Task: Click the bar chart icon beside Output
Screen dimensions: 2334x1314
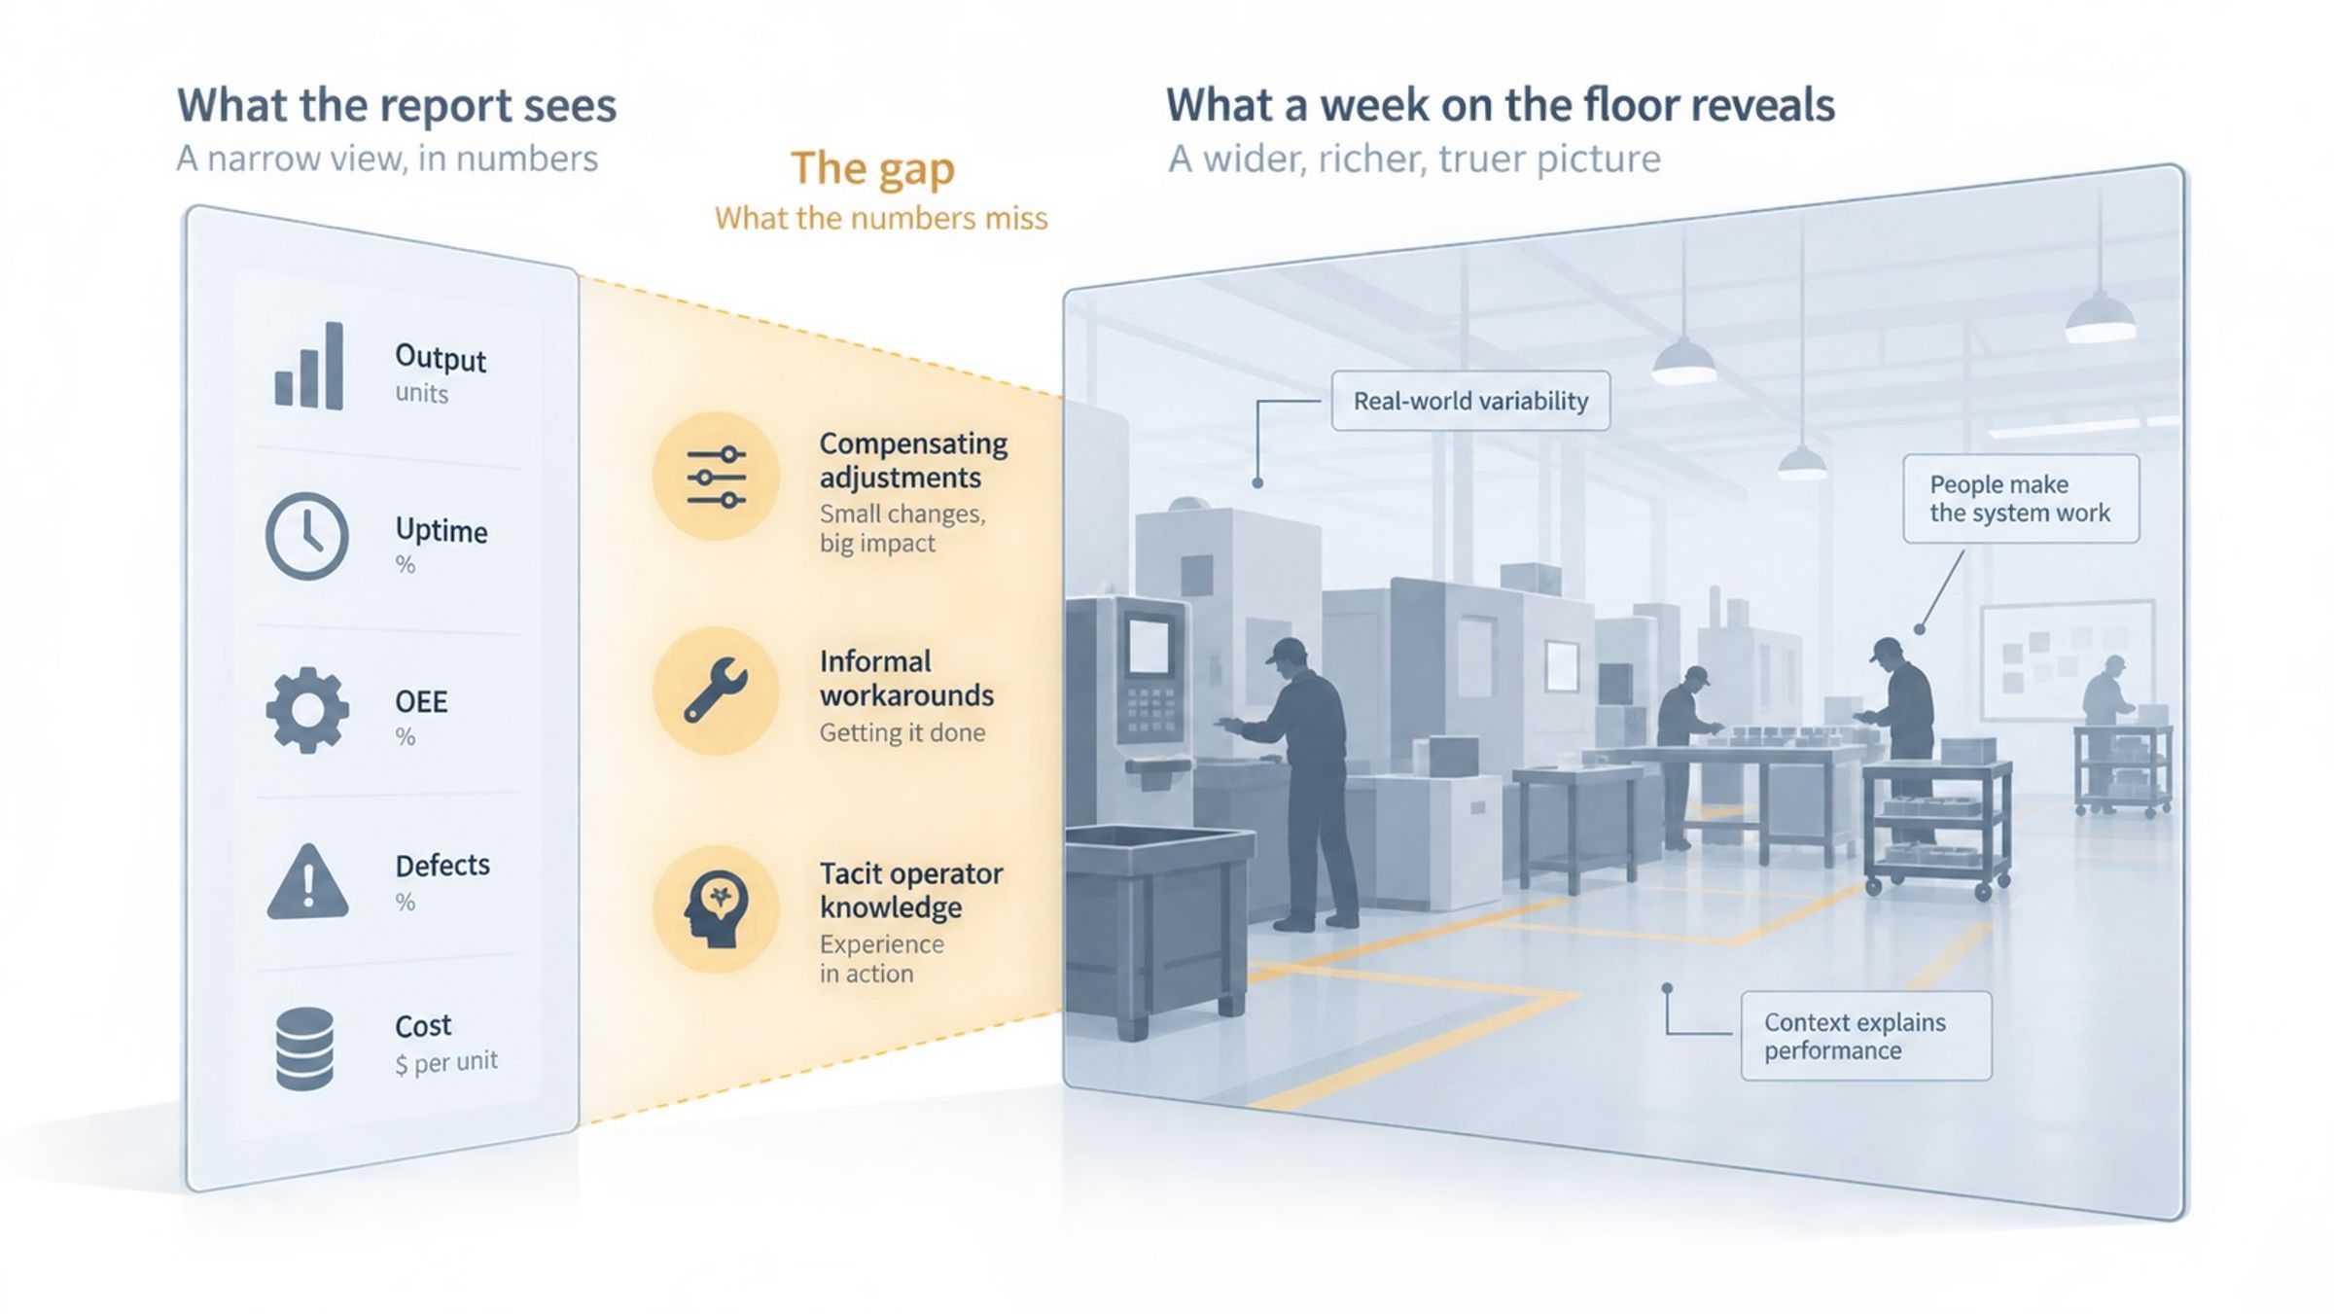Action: tap(309, 367)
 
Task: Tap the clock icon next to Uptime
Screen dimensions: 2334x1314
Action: tap(307, 536)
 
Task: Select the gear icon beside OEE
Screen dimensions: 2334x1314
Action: tap(307, 710)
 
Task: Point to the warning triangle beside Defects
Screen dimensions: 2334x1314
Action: tap(307, 881)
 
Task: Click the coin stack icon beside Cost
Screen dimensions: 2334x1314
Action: tap(304, 1048)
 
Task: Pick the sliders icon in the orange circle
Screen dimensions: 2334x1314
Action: tap(716, 477)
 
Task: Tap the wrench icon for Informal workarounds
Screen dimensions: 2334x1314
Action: tap(716, 691)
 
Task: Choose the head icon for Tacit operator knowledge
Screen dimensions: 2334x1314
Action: tap(717, 909)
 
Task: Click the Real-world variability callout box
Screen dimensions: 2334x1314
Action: tap(1470, 401)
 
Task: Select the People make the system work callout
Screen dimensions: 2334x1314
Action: tap(2021, 498)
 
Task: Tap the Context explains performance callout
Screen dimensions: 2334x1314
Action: tap(1865, 1036)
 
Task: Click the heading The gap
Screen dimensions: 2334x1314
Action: tap(872, 168)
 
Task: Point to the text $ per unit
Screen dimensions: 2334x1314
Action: tap(446, 1062)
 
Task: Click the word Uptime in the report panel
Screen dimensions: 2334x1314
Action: tap(442, 530)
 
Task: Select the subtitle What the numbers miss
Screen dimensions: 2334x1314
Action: tap(881, 218)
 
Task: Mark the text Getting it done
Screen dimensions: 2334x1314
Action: tap(902, 732)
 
